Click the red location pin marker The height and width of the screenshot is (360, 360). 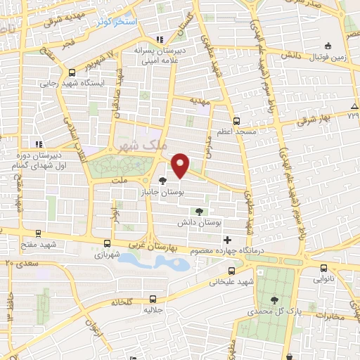181,165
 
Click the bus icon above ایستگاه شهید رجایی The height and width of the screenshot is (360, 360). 72,72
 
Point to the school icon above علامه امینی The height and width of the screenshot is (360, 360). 160,39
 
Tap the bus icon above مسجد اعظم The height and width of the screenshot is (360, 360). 237,121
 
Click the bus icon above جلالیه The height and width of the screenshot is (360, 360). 153,298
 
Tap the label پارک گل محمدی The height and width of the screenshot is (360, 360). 273,310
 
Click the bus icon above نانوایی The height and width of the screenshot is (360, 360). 323,268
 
